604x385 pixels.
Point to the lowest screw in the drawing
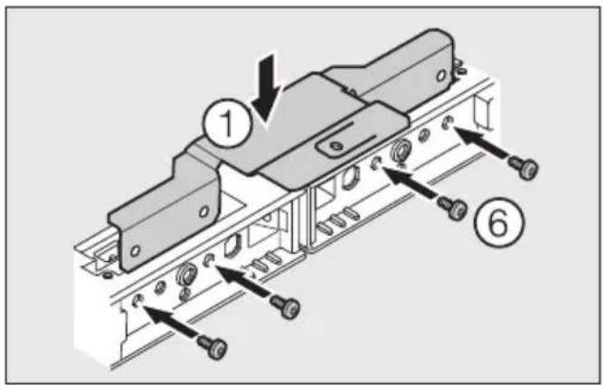pyautogui.click(x=215, y=344)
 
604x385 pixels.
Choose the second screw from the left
pyautogui.click(x=288, y=308)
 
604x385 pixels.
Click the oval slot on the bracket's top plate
pyautogui.click(x=335, y=144)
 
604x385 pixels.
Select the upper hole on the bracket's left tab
pyautogui.click(x=203, y=212)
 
